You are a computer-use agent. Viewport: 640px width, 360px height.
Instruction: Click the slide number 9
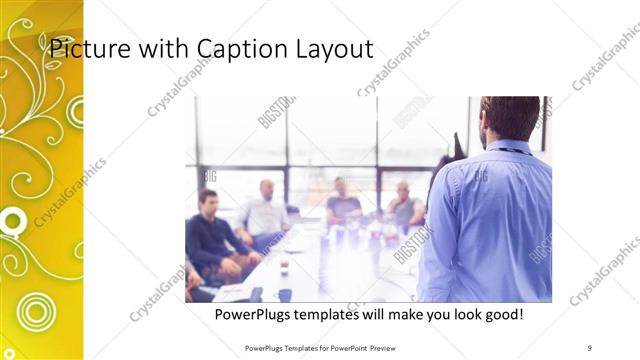589,347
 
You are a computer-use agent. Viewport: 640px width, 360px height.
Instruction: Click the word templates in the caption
338,315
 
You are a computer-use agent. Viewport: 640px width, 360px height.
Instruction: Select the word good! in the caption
502,315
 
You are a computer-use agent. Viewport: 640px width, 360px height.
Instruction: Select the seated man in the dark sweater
213,235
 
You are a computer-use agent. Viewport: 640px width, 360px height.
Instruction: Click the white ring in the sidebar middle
13,220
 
